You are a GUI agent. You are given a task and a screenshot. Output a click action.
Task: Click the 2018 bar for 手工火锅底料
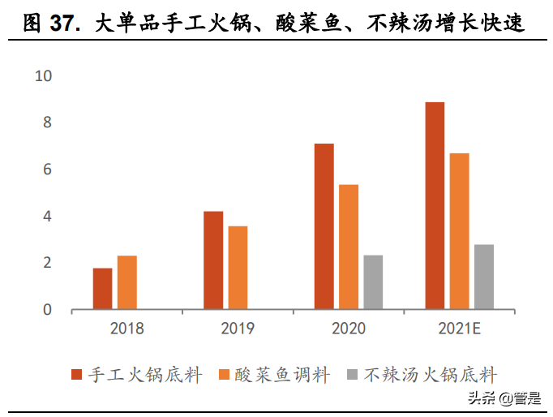[102, 289]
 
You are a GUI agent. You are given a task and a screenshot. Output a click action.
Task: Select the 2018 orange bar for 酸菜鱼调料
[126, 283]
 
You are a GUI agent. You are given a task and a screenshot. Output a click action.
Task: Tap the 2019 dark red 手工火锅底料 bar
[213, 260]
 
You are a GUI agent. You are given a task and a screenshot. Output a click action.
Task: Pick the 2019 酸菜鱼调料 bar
[238, 268]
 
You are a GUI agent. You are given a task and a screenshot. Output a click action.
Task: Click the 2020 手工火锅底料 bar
[324, 226]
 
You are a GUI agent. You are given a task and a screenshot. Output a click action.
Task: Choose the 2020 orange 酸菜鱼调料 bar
[349, 247]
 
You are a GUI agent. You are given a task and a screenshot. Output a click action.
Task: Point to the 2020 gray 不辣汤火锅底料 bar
[373, 282]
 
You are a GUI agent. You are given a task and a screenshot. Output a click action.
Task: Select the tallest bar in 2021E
[435, 206]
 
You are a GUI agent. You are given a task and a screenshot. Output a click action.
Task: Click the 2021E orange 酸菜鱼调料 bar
[459, 231]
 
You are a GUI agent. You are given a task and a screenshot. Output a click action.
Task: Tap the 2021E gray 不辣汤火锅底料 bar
[484, 277]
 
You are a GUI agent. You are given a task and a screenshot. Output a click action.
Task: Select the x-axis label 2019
[237, 329]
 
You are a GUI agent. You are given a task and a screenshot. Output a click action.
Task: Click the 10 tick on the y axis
[43, 76]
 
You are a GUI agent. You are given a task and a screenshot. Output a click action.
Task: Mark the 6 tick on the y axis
[47, 170]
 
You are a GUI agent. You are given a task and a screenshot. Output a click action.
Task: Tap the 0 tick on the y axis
[47, 310]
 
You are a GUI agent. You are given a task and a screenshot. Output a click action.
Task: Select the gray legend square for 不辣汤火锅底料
[352, 375]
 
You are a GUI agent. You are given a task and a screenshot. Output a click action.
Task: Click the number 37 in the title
[64, 24]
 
